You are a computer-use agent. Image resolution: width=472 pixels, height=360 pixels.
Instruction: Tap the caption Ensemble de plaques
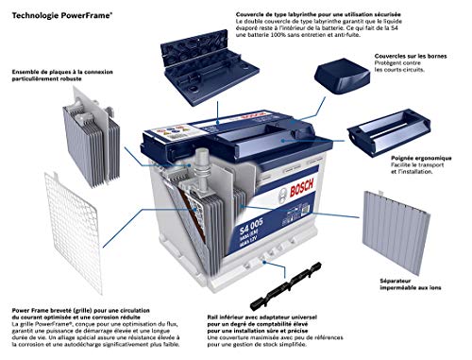57,72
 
